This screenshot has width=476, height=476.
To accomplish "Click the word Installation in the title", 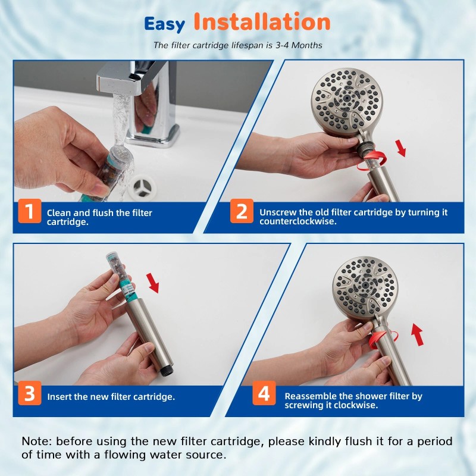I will [262, 22].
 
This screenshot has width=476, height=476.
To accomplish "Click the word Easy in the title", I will [165, 24].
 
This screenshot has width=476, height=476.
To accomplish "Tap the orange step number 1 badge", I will [29, 212].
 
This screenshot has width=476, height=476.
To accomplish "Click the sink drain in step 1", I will [143, 187].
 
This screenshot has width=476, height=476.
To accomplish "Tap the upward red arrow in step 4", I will [418, 335].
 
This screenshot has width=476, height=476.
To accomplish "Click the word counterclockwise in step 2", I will [297, 221].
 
